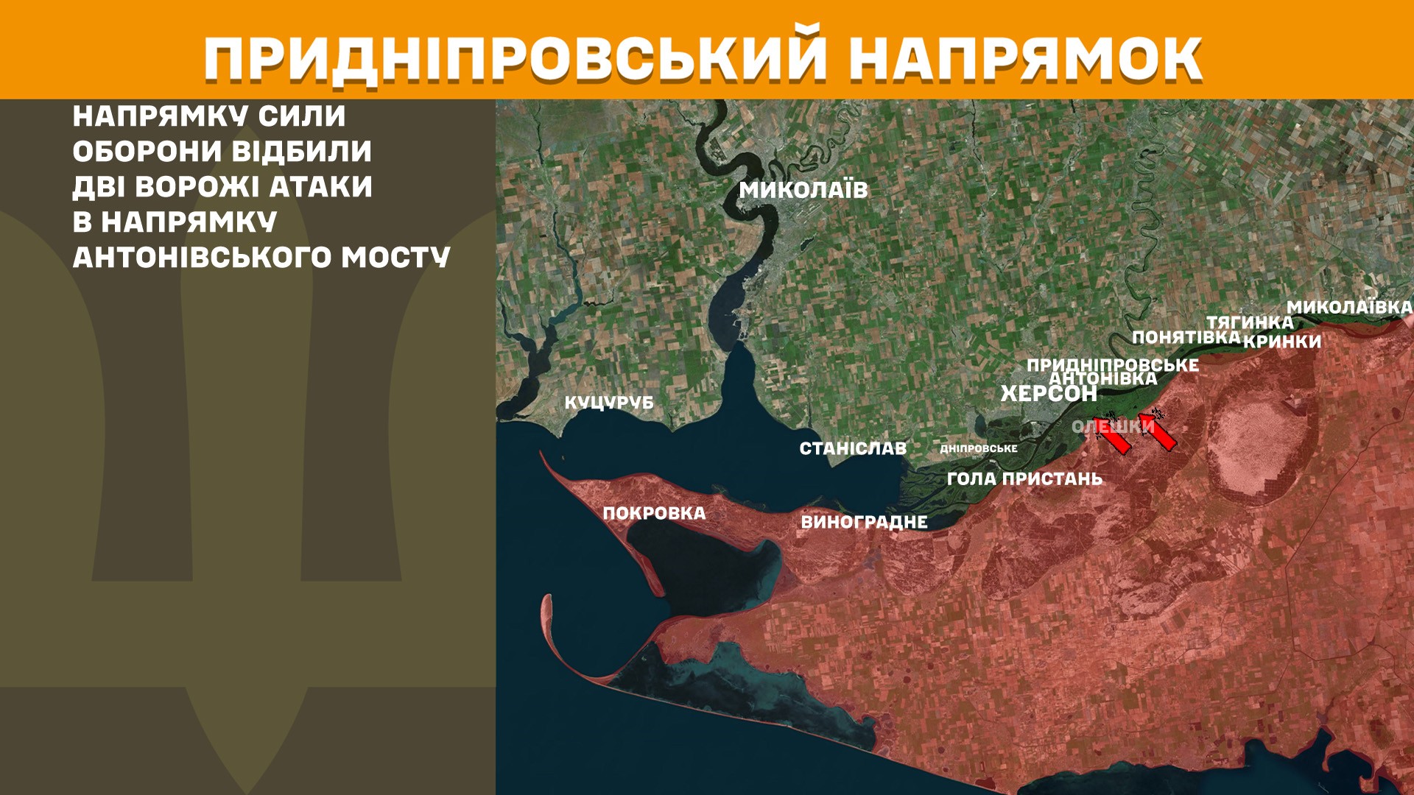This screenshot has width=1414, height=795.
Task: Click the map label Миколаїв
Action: pos(803,190)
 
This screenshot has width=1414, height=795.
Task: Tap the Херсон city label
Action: pos(1049,394)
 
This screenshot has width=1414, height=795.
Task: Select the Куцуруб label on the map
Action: pos(609,403)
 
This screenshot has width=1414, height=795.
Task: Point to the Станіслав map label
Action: pos(853,448)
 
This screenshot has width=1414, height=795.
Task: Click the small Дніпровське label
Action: pos(979,448)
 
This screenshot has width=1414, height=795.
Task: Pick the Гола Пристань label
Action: pos(1024,478)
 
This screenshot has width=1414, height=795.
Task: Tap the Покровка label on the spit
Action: pos(654,513)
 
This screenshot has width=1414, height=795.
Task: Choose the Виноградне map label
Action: pos(864,522)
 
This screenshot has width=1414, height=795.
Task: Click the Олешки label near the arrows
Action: pos(1112,426)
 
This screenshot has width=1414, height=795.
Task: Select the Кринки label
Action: pos(1282,342)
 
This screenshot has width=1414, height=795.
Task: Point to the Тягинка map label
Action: pos(1250,322)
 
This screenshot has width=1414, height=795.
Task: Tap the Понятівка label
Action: pos(1186,337)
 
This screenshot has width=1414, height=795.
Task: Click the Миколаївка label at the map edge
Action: pos(1349,307)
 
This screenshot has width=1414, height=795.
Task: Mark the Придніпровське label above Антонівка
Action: pos(1112,365)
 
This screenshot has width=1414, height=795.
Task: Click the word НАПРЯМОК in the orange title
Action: pos(1025,59)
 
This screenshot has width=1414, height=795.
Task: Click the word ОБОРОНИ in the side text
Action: pos(147,152)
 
